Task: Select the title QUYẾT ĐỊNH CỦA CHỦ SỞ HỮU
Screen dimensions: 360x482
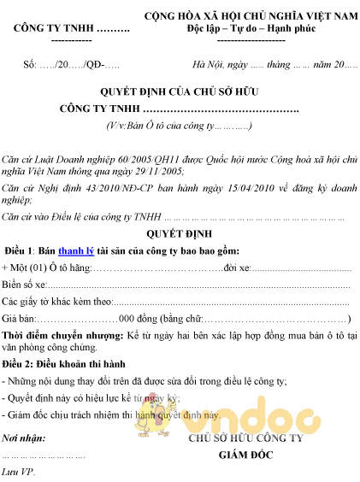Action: pos(180,91)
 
